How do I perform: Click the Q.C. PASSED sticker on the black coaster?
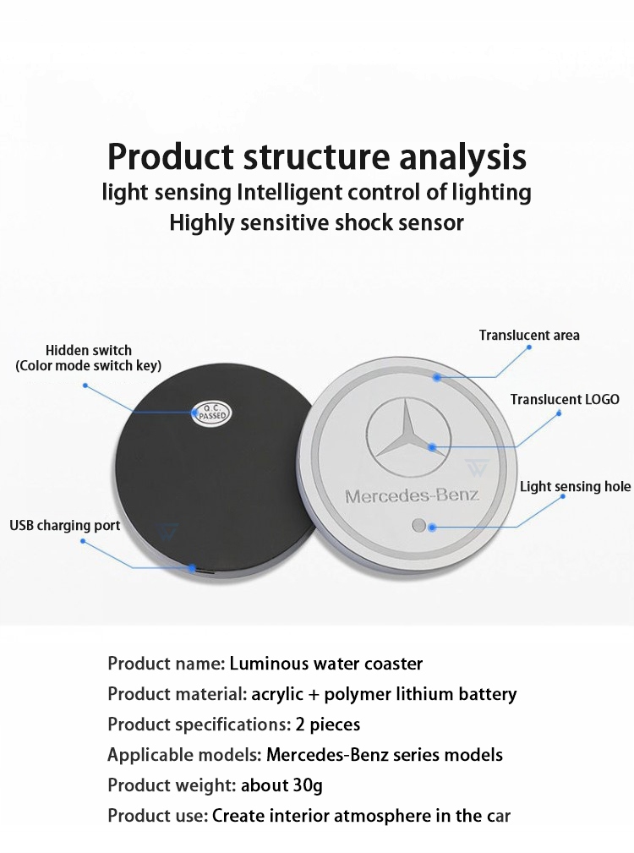click(212, 413)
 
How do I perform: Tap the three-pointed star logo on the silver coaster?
click(409, 435)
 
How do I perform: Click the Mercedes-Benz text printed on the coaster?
click(413, 496)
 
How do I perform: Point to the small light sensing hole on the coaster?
click(418, 526)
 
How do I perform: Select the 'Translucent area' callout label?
click(529, 335)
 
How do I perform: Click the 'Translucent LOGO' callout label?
click(565, 399)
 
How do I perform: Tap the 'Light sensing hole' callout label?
click(576, 486)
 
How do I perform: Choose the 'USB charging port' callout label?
click(65, 526)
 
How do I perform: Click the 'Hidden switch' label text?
click(89, 350)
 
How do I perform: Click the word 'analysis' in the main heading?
click(462, 156)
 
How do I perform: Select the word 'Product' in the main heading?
click(171, 156)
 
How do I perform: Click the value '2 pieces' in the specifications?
click(328, 724)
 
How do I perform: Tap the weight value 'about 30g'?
click(281, 785)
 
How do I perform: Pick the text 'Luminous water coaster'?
click(326, 663)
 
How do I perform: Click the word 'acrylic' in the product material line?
click(277, 694)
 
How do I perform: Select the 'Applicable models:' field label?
click(185, 755)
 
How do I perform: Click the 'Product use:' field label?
click(158, 816)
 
